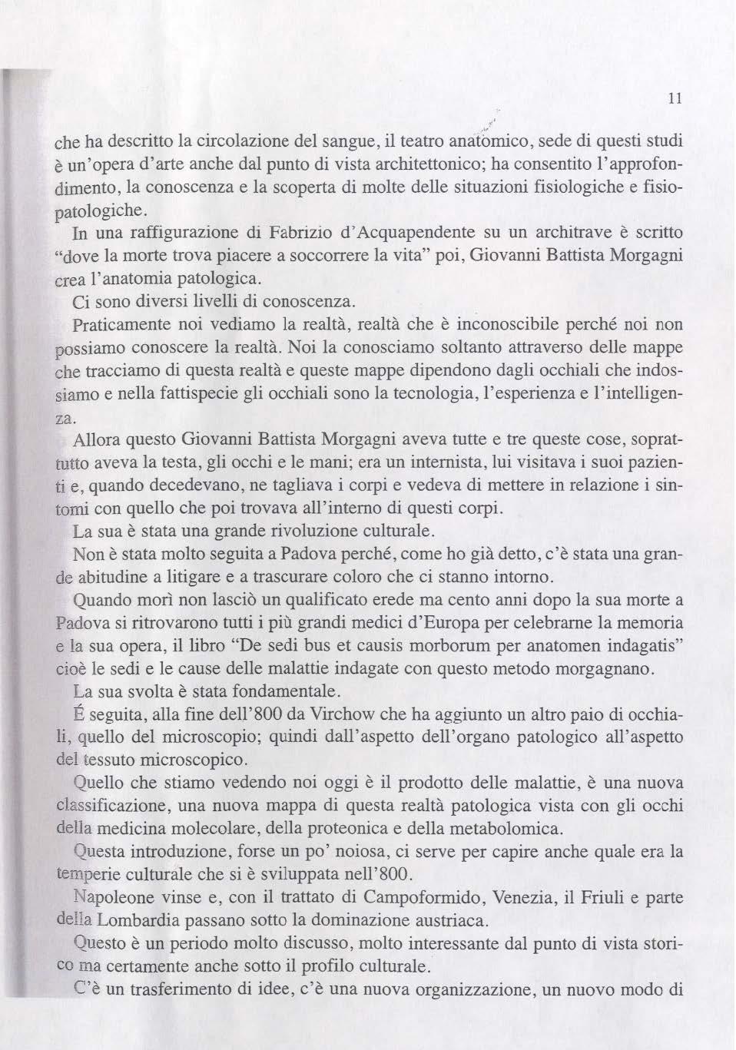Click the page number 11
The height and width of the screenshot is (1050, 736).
pyautogui.click(x=675, y=98)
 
